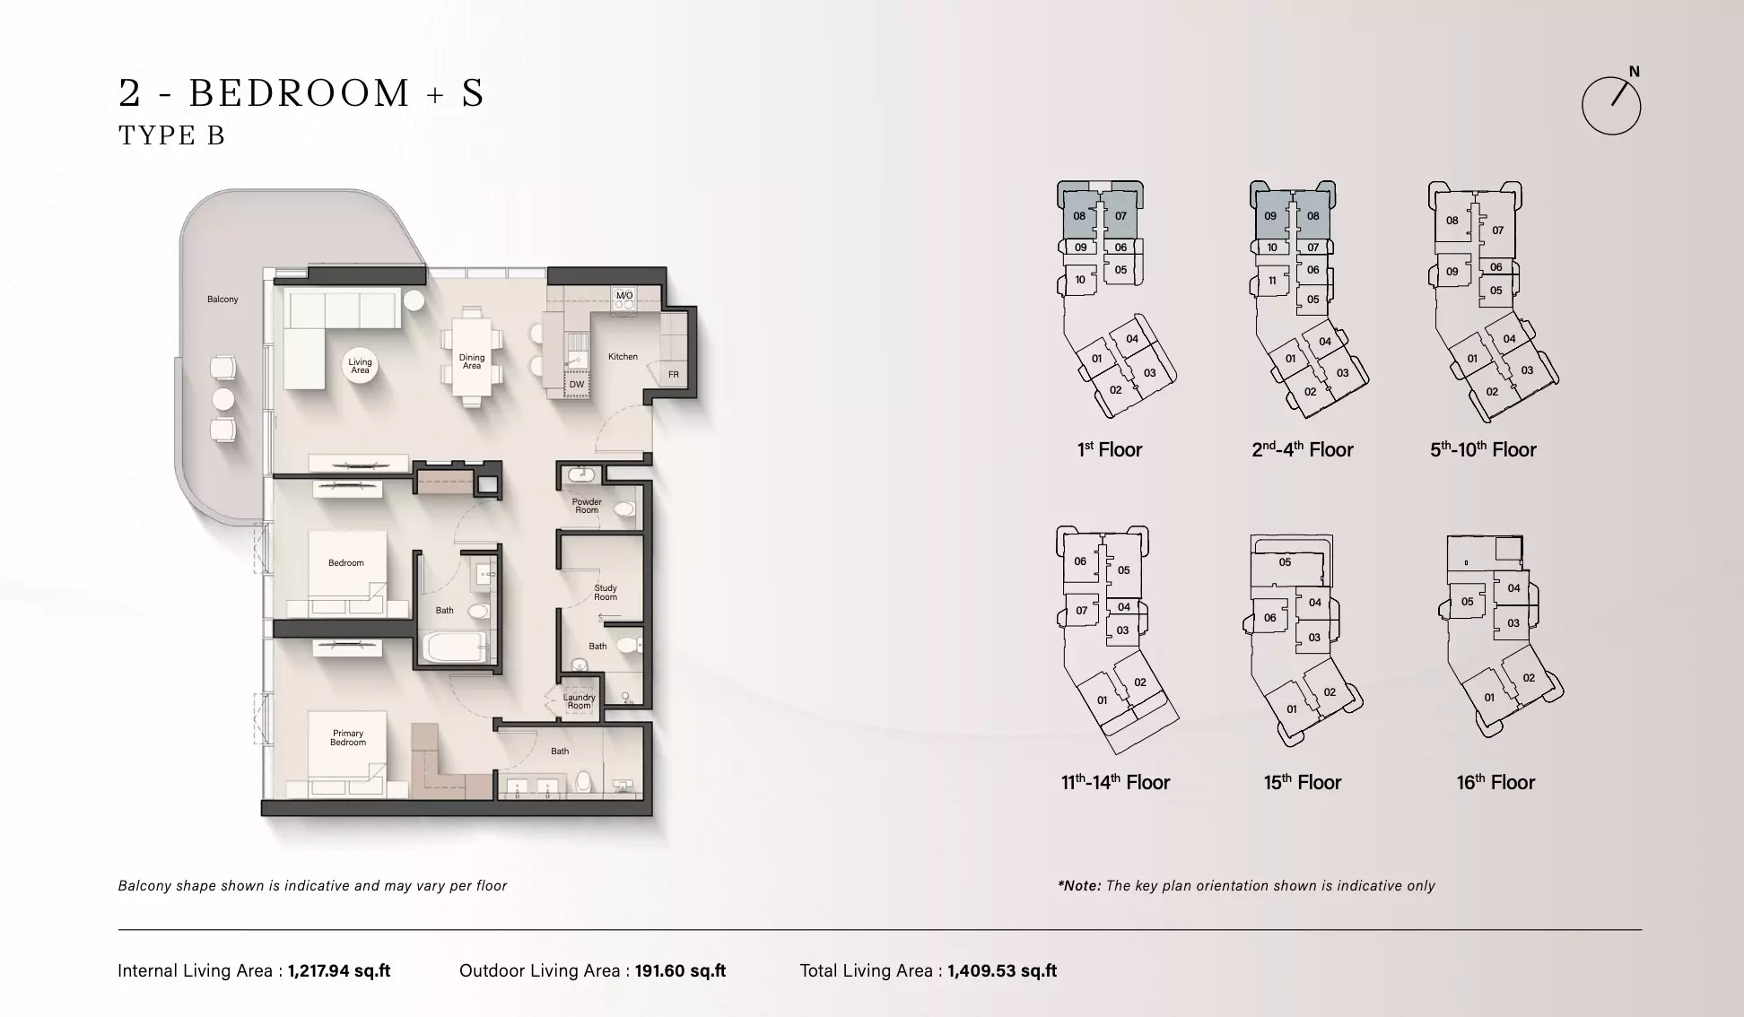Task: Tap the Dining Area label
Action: pyautogui.click(x=472, y=361)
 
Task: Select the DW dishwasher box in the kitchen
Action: pyautogui.click(x=577, y=384)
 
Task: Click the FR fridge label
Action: pyautogui.click(x=674, y=374)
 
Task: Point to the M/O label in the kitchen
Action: pyautogui.click(x=624, y=295)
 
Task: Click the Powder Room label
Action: pyautogui.click(x=587, y=506)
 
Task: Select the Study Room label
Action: pyautogui.click(x=606, y=593)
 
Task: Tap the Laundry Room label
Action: pyautogui.click(x=579, y=701)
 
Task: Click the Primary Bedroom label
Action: pyautogui.click(x=348, y=737)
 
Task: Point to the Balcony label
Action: pyautogui.click(x=222, y=299)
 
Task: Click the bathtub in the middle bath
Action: pyautogui.click(x=454, y=648)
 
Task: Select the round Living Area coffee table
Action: pyautogui.click(x=360, y=366)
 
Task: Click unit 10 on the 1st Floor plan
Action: pyautogui.click(x=1080, y=280)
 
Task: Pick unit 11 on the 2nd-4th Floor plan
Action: pyautogui.click(x=1272, y=281)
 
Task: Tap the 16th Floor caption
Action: pyautogui.click(x=1495, y=782)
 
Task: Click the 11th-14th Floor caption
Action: pyautogui.click(x=1115, y=782)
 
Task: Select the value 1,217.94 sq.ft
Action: pyautogui.click(x=339, y=970)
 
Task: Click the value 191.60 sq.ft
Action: pyautogui.click(x=680, y=970)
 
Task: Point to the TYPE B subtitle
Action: pyautogui.click(x=171, y=135)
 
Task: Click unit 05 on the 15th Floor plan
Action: pyautogui.click(x=1285, y=562)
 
